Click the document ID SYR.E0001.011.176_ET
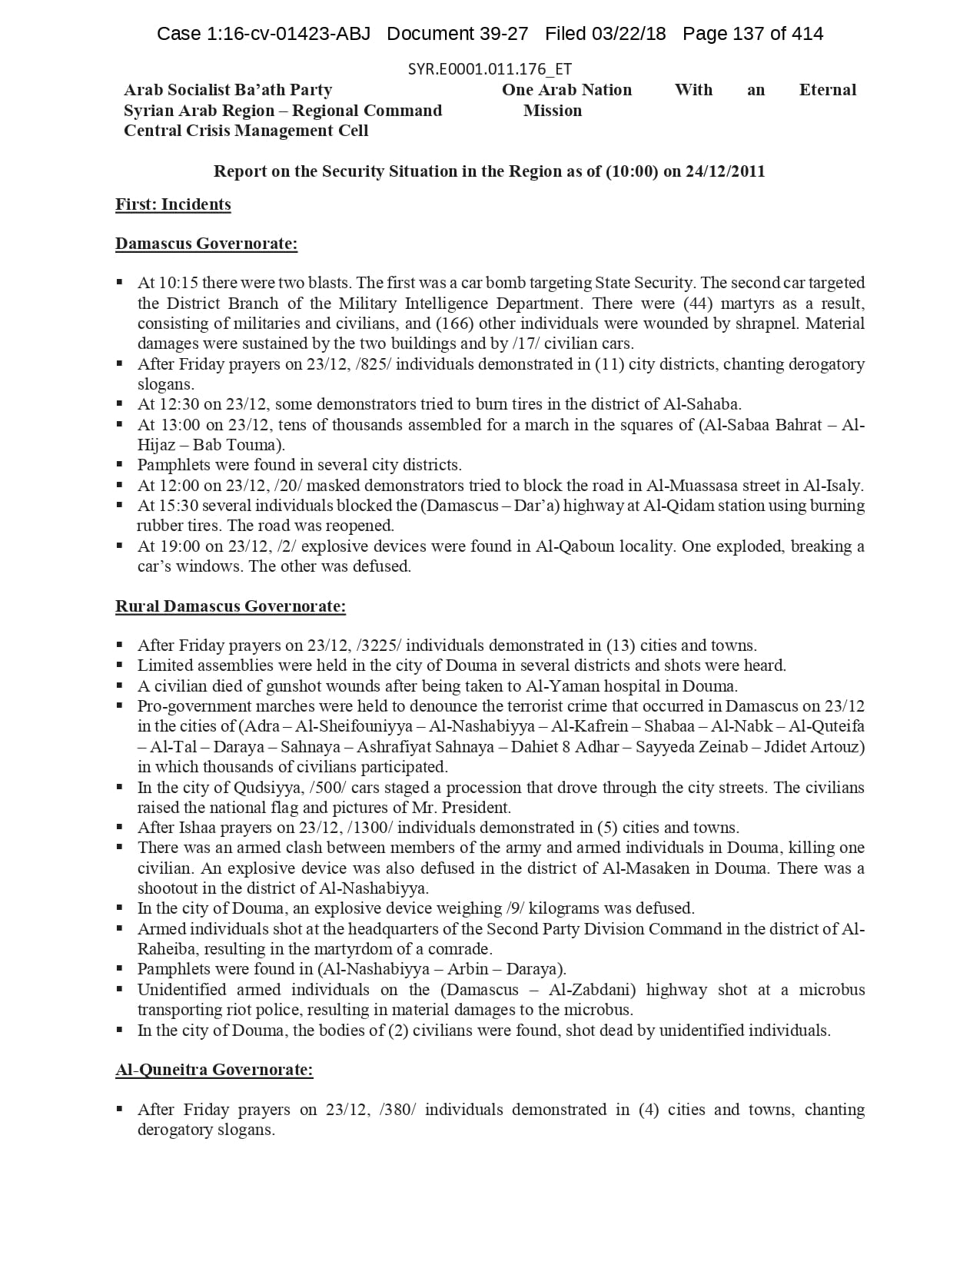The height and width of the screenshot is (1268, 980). point(490,69)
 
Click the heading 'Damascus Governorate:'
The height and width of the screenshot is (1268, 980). point(206,244)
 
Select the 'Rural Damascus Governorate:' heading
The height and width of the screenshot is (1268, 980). point(231,606)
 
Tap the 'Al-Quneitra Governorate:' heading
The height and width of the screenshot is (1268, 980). point(214,1070)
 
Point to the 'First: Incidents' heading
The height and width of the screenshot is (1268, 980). point(173,204)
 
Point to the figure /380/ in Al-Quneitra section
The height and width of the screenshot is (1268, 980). point(397,1110)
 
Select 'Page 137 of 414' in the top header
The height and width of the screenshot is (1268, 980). point(752,34)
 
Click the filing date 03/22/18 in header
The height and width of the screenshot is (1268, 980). point(628,34)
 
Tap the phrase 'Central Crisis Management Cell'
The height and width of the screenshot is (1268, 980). point(246,131)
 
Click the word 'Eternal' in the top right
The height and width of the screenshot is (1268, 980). point(827,90)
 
